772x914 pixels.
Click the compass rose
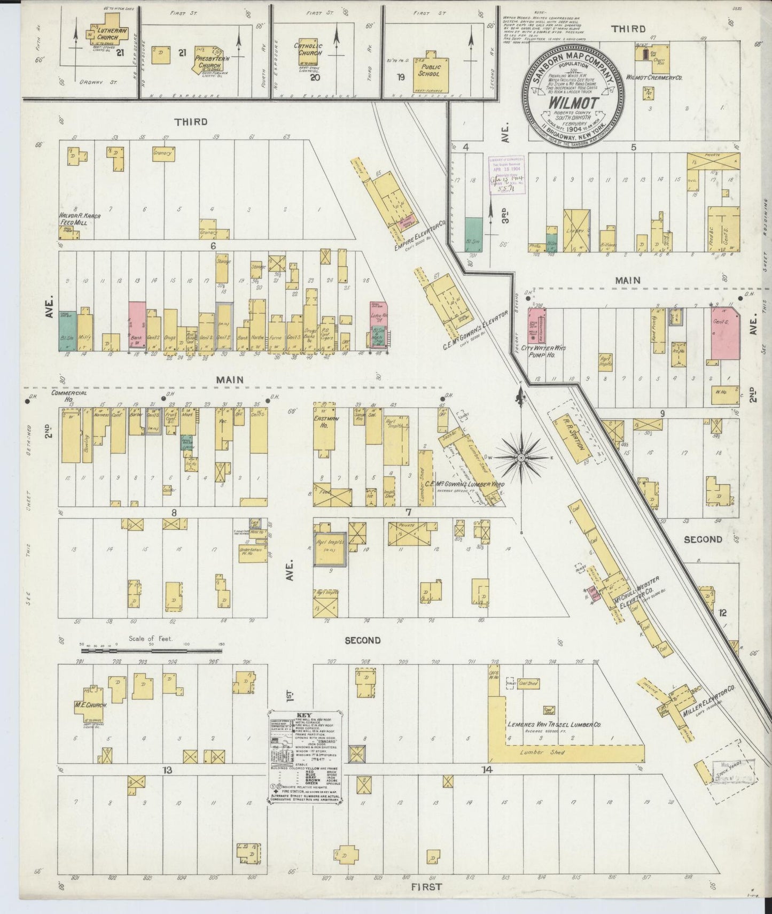521,458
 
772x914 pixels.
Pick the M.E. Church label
91,705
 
